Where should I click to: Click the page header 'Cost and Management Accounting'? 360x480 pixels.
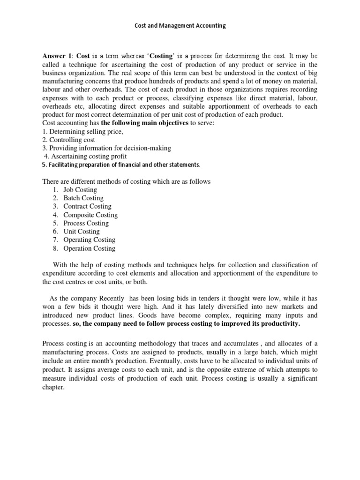[x=180, y=26]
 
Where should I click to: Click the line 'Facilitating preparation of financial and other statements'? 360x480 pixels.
[x=121, y=165]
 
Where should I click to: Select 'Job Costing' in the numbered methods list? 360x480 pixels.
[x=80, y=190]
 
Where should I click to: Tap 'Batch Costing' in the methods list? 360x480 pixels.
[x=83, y=198]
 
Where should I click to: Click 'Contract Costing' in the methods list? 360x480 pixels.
[x=87, y=206]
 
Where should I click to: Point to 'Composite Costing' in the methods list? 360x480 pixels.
[x=90, y=215]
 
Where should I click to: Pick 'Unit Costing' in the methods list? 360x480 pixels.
[x=82, y=232]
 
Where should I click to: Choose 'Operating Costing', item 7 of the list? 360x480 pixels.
[x=89, y=240]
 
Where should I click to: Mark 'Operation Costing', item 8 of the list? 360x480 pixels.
[x=89, y=248]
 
